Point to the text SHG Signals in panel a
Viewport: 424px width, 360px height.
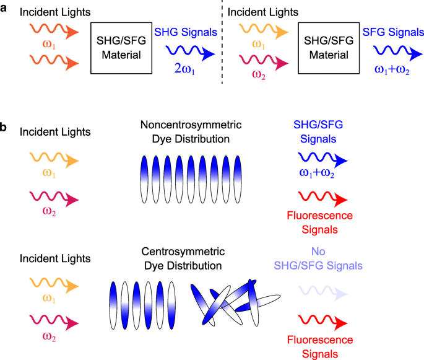pos(186,31)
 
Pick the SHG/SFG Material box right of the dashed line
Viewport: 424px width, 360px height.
pos(327,47)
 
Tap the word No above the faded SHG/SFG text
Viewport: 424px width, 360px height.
pos(321,254)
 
